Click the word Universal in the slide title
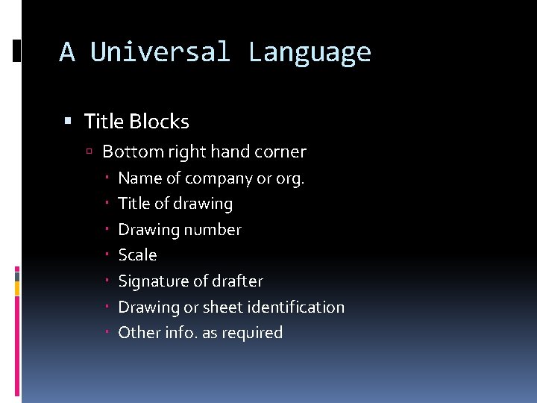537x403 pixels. point(160,52)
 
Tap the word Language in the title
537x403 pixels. point(310,52)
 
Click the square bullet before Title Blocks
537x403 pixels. point(69,121)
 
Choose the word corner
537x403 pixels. point(280,151)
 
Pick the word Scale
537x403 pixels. point(137,255)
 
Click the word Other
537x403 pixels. point(135,333)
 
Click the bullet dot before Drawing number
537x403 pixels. point(108,230)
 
